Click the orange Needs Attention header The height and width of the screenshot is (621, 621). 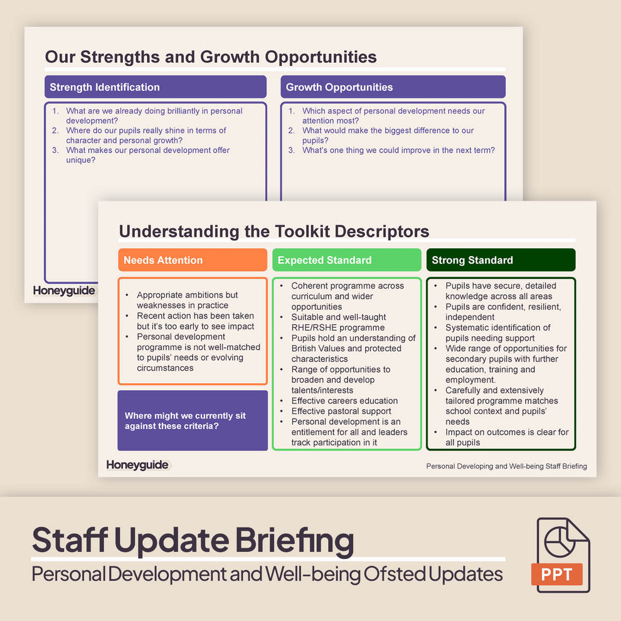click(192, 260)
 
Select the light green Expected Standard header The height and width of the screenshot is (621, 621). click(346, 260)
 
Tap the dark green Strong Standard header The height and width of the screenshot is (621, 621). click(501, 260)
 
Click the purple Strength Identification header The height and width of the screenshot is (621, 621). click(156, 87)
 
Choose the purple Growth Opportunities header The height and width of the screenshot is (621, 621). click(393, 87)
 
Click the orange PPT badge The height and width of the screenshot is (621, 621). click(557, 574)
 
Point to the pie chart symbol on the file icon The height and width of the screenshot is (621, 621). click(560, 543)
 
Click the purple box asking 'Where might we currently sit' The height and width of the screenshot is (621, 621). click(192, 420)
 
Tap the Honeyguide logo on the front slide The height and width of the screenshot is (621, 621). click(137, 465)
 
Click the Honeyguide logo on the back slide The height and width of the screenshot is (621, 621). click(64, 290)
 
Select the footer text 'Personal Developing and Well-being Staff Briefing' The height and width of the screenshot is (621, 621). click(506, 466)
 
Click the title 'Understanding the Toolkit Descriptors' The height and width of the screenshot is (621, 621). click(274, 231)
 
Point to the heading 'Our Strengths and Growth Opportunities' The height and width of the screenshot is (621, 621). click(211, 57)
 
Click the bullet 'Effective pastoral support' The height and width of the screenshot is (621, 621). click(341, 411)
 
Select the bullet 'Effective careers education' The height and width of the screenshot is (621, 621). click(344, 401)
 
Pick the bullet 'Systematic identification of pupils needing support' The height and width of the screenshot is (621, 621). click(498, 332)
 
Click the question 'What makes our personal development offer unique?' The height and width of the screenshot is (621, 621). click(147, 155)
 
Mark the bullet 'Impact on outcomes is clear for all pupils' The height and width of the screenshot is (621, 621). click(507, 437)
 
